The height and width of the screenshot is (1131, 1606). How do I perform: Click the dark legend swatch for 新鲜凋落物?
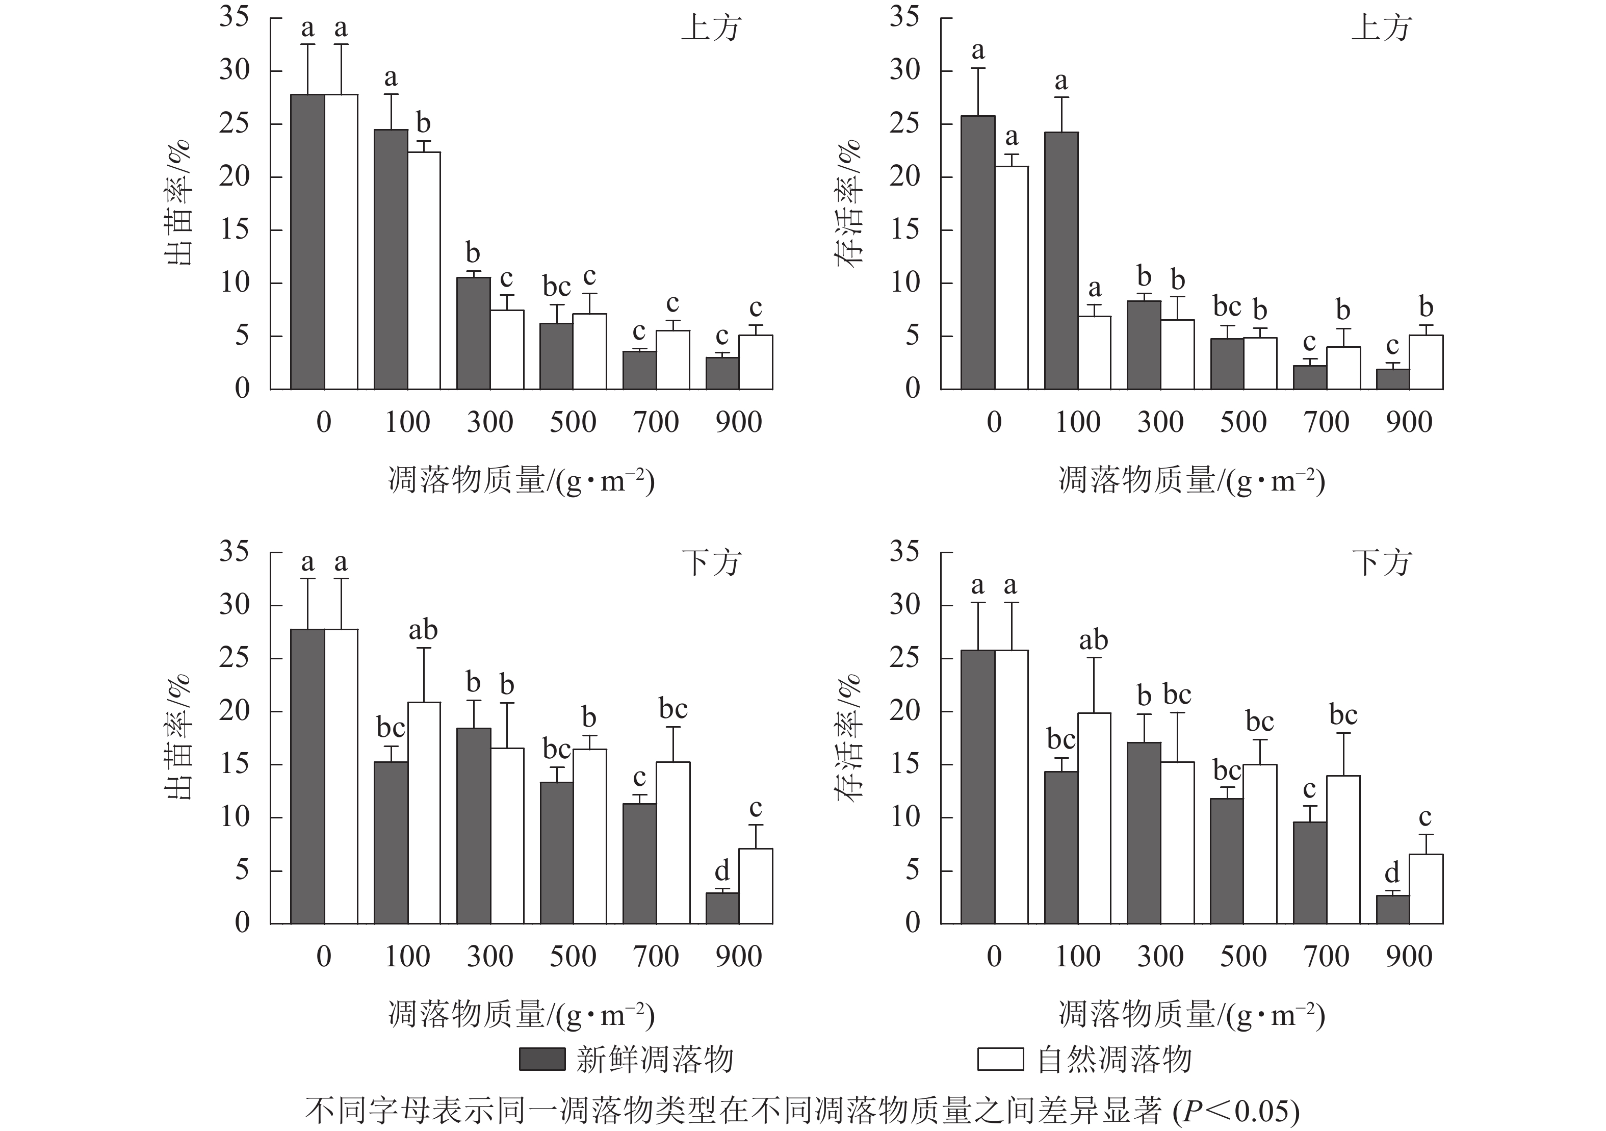541,1060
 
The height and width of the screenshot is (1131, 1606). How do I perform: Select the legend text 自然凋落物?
1115,1060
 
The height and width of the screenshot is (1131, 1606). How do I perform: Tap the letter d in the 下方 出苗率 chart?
722,871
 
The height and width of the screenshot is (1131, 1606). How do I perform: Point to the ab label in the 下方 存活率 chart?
1093,640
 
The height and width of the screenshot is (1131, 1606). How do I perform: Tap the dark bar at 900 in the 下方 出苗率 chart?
722,909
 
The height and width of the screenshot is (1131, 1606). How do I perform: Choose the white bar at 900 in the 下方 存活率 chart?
1426,889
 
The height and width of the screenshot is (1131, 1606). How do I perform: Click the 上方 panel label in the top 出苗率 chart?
710,30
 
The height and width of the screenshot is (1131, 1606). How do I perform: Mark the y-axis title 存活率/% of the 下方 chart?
850,738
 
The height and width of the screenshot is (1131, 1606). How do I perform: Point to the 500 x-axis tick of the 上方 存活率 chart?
1244,422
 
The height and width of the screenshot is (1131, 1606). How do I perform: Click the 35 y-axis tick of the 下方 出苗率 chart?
235,552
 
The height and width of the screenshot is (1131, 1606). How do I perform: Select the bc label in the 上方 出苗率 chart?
557,287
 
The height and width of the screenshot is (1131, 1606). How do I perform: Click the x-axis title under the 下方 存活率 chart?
1191,1015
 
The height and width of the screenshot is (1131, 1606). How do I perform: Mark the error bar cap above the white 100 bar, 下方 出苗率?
424,649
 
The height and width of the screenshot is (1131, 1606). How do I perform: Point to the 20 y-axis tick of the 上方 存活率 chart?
904,177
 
